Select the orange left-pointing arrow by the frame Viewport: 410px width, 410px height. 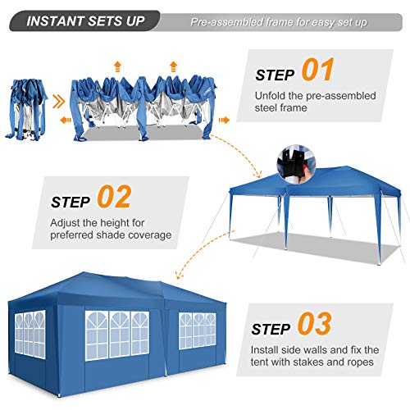[x=65, y=119]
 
